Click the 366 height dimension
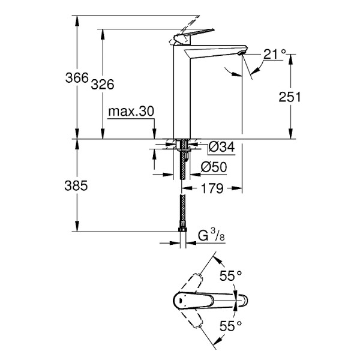[x=77, y=79]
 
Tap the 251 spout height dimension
[x=289, y=97]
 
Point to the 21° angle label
[x=274, y=55]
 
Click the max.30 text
[x=131, y=112]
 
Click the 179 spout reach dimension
[x=212, y=188]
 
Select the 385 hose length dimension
[x=76, y=186]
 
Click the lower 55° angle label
[x=230, y=326]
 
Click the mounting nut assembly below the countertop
[x=182, y=146]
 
